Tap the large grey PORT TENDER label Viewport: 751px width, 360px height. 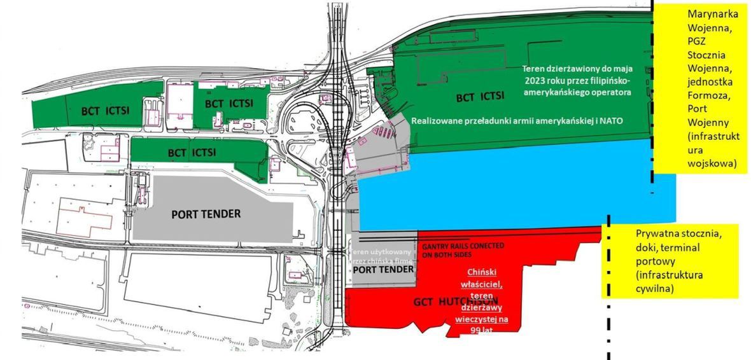[x=206, y=214]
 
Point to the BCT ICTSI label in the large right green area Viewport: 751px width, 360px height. [x=481, y=97]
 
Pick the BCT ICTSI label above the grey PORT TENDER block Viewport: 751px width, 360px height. [x=192, y=153]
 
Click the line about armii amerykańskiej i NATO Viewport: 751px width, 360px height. [x=516, y=120]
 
